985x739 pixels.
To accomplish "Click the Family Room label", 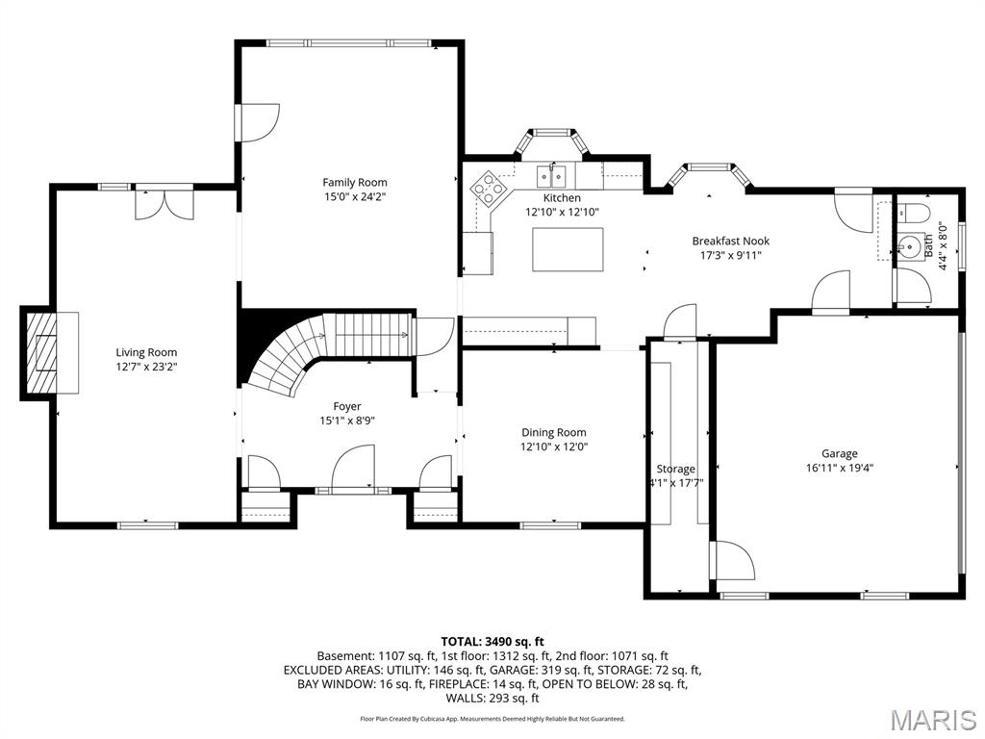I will (354, 182).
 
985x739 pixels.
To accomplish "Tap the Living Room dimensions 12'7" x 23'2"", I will (146, 367).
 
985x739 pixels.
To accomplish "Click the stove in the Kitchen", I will (488, 188).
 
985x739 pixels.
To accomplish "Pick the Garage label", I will (839, 453).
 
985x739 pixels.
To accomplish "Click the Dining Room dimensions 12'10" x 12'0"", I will (553, 446).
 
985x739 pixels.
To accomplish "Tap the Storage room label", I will (675, 469).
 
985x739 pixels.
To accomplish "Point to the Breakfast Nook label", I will (730, 242).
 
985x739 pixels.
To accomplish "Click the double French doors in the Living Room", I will (164, 204).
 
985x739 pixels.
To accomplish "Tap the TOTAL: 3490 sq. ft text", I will (492, 641).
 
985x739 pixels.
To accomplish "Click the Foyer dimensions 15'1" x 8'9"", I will (347, 420).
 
